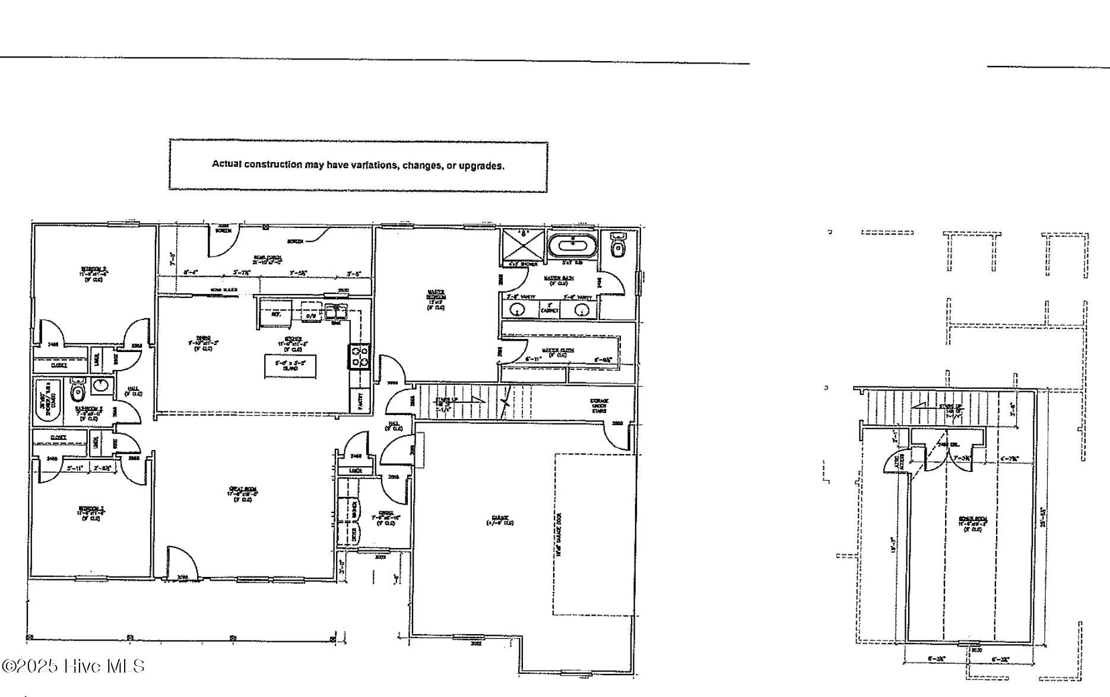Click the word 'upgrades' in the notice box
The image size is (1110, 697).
[482, 166]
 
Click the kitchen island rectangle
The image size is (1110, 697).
[290, 366]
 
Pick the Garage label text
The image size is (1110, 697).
[500, 520]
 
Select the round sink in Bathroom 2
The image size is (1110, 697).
[101, 386]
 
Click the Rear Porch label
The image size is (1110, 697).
[267, 259]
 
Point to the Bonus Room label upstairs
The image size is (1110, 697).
[972, 522]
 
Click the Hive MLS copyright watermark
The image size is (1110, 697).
[74, 666]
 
